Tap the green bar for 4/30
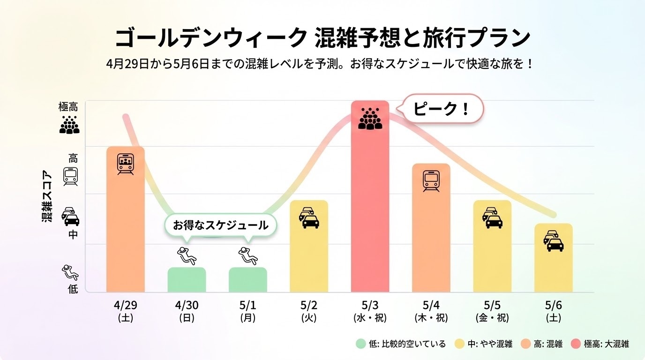point(187,280)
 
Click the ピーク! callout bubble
point(442,110)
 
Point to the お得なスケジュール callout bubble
point(220,225)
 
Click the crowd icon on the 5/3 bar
point(370,118)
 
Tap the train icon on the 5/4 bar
point(431,181)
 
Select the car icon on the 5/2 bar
point(309,217)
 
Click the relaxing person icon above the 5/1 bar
point(248,254)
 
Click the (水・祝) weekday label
point(370,318)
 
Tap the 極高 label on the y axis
point(68,107)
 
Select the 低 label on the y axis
point(73,289)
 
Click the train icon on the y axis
point(71,177)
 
